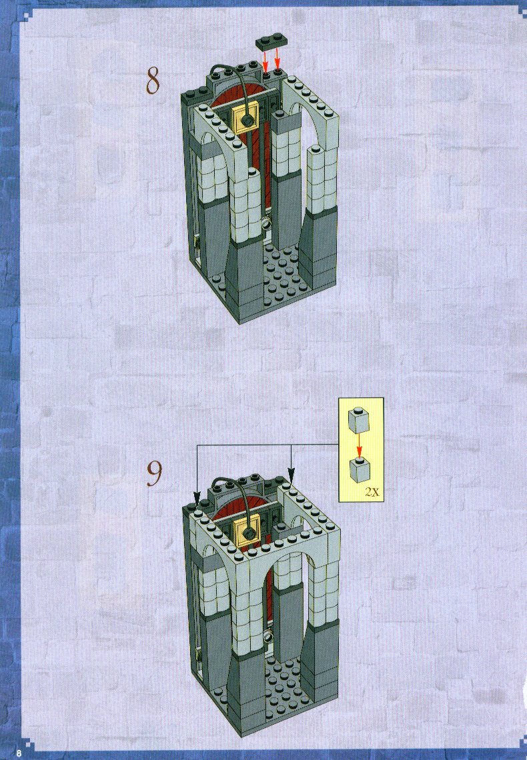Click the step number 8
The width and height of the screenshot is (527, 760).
point(153,80)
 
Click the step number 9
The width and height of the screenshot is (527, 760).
point(153,473)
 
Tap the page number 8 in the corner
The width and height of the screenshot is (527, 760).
point(19,753)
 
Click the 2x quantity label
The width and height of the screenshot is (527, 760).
point(372,493)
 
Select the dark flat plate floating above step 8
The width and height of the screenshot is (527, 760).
point(272,42)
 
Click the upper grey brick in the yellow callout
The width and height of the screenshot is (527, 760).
point(358,420)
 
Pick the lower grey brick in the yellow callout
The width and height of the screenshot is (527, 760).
point(360,470)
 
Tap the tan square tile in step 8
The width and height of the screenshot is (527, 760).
point(245,118)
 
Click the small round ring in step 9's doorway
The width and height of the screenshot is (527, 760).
point(268,635)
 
